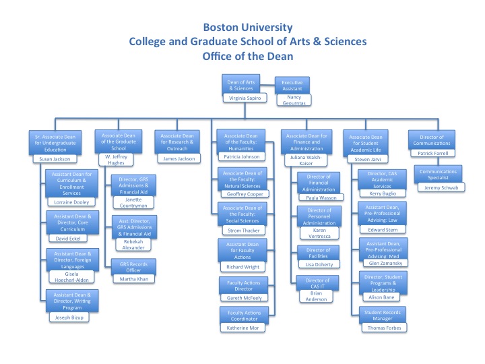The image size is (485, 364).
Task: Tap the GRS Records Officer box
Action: (x=133, y=265)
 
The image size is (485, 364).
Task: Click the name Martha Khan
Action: (x=133, y=278)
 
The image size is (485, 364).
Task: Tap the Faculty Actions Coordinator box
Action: (x=245, y=315)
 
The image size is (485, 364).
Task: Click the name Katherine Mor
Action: (x=245, y=328)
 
